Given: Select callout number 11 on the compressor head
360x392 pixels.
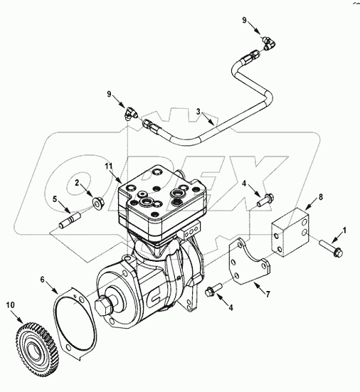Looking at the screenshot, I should coord(108,166).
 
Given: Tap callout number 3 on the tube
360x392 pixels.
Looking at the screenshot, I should coord(198,112).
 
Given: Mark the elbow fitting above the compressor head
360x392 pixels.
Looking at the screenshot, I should coord(127,111).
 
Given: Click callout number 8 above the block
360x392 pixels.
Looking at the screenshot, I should coord(321,197).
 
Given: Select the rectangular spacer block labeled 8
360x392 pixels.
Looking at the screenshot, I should coord(292,231).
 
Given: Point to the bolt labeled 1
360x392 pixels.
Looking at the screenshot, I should coord(328,250).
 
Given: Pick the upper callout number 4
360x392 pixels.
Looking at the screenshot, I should coord(245,184).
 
